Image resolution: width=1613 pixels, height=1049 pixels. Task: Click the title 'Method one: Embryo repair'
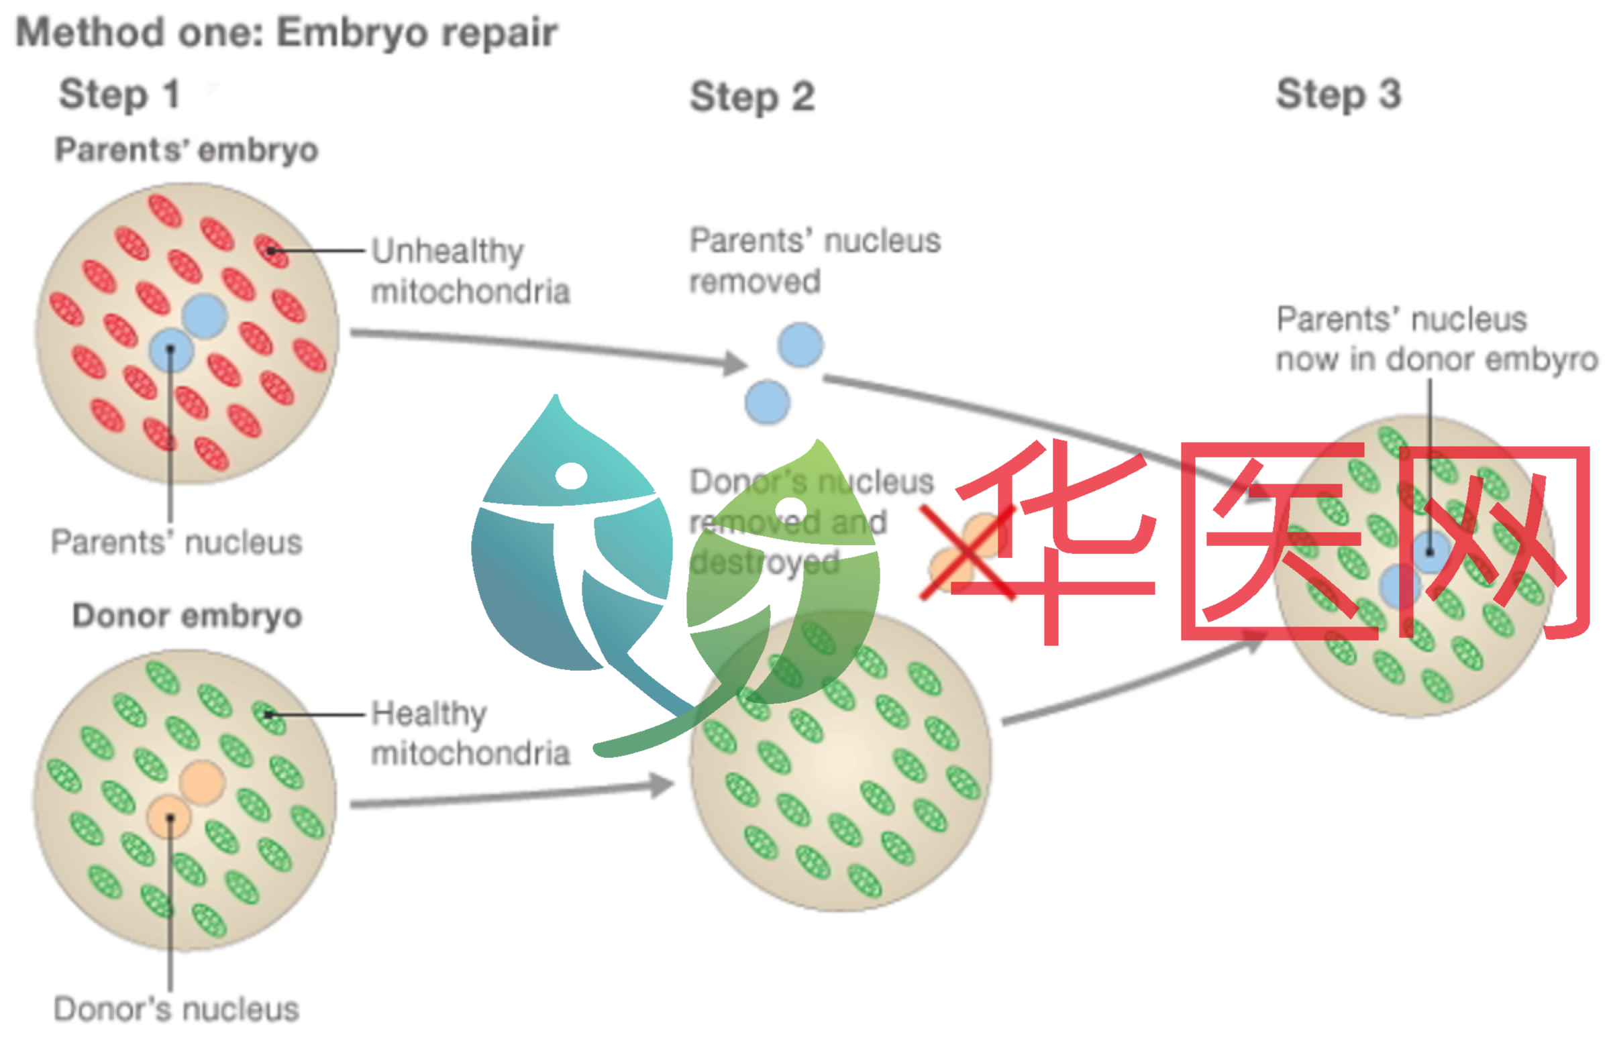(286, 32)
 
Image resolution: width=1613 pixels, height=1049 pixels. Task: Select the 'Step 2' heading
(751, 96)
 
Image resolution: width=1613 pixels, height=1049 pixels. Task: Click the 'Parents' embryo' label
(187, 150)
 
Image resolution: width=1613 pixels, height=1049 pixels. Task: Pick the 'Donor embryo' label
(187, 616)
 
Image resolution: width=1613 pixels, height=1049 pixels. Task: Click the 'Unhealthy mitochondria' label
(470, 271)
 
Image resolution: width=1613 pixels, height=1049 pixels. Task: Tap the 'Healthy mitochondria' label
(470, 733)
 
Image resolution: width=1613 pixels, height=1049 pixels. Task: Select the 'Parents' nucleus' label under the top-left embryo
(176, 542)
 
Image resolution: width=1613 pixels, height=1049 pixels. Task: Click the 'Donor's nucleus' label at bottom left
(176, 1009)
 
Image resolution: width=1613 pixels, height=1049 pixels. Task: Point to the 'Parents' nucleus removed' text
(815, 261)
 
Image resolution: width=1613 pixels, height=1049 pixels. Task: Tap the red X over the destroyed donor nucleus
(966, 552)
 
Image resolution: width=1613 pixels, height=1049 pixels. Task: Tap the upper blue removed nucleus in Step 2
(800, 345)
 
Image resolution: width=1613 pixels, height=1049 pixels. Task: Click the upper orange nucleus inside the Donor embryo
(202, 783)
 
